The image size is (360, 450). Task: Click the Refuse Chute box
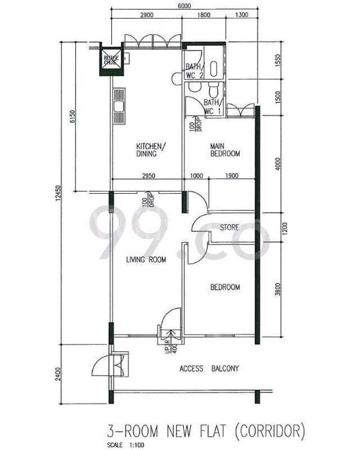tap(111, 61)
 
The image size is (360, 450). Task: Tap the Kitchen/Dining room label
tap(151, 150)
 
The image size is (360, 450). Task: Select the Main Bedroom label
tap(225, 150)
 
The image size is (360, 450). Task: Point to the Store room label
tap(229, 227)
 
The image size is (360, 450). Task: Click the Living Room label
tap(146, 260)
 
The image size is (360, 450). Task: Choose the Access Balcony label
tap(209, 368)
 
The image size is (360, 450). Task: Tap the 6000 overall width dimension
tap(184, 6)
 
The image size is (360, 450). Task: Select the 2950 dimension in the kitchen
tap(148, 176)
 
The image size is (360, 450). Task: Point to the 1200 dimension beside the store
tap(285, 229)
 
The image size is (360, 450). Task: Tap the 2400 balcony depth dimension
tap(58, 374)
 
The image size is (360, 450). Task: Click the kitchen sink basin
tap(119, 106)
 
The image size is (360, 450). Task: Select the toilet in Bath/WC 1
tap(213, 90)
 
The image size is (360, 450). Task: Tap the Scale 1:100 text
tap(126, 445)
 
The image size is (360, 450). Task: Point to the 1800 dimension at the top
tap(204, 15)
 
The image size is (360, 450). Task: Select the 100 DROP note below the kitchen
tap(148, 199)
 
